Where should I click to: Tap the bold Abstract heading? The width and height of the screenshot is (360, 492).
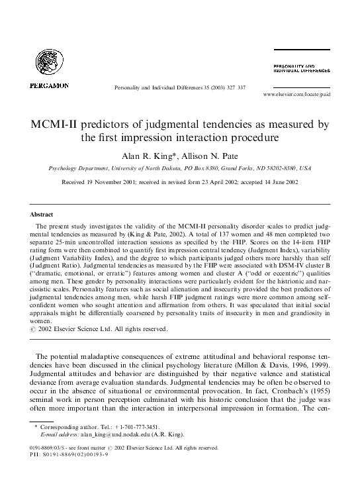click(x=42, y=215)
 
